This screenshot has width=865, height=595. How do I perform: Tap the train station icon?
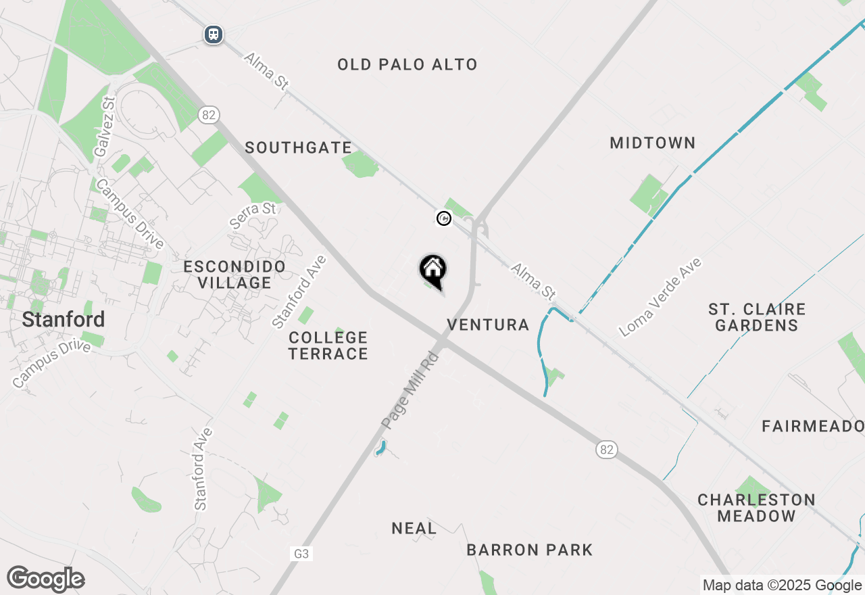214,34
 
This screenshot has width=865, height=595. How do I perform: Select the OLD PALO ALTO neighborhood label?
407,64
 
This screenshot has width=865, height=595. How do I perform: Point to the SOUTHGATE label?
298,147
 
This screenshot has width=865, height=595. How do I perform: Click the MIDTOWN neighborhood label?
652,143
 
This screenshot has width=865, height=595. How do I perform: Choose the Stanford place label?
64,319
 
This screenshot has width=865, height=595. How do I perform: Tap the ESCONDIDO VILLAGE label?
234,275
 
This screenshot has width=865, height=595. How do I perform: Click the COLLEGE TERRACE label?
328,345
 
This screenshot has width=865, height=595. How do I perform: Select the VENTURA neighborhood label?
488,325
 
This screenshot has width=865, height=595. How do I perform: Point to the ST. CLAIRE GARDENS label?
757,317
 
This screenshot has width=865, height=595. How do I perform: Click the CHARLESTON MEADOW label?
756,508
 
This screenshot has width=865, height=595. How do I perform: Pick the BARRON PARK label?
530,550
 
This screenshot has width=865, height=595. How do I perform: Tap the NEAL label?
414,528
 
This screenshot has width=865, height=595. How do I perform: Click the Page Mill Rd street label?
410,389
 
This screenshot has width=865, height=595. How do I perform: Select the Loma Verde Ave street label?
660,297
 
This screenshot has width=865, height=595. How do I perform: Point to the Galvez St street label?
105,126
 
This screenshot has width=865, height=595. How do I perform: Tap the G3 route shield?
301,554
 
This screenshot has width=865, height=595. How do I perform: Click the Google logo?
45,579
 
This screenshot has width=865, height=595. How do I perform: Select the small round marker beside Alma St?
444,218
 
